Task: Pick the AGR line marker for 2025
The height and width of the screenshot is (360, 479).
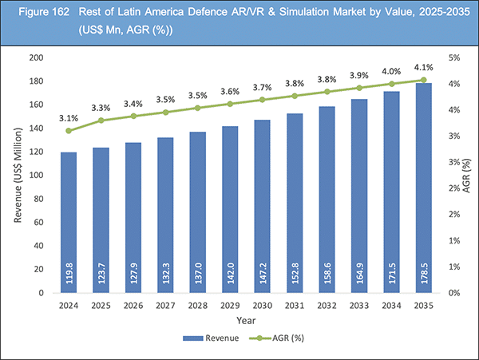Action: (x=101, y=121)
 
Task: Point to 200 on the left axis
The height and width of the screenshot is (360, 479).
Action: (x=36, y=58)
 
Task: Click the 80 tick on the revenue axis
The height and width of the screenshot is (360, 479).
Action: (x=38, y=200)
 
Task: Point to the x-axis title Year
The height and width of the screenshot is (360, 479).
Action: (x=239, y=321)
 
